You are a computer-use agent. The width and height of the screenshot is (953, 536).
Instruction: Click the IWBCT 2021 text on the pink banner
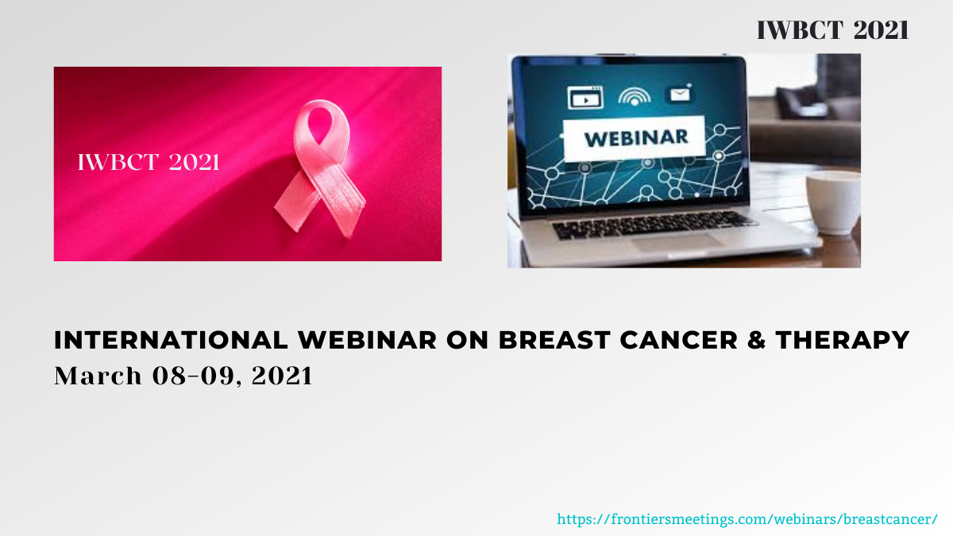[149, 162]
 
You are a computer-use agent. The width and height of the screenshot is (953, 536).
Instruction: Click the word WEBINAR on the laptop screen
[636, 138]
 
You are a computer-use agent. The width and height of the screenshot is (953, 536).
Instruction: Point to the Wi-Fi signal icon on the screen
[635, 97]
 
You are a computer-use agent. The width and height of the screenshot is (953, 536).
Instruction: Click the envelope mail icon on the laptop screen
[680, 94]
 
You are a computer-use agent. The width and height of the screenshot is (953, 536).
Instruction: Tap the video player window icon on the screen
[585, 98]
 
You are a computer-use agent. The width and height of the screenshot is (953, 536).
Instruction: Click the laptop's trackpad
[677, 242]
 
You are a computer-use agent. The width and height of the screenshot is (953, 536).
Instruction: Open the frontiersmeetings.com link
[747, 519]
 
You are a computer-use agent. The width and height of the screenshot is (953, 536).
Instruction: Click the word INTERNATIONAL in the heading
[171, 340]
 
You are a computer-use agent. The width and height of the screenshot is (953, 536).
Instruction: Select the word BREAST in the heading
[554, 340]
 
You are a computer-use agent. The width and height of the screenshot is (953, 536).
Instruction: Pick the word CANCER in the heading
[678, 340]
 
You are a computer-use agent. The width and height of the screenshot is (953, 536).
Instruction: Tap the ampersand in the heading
[756, 340]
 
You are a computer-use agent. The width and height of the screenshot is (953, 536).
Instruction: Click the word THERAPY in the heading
[843, 340]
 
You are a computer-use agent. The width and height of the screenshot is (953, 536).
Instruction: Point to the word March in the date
[98, 376]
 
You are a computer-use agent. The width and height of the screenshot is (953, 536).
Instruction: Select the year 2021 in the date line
[282, 376]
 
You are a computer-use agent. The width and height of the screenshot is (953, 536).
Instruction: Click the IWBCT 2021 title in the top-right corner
[832, 30]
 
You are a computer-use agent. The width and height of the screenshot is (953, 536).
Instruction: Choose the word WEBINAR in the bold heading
[367, 340]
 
